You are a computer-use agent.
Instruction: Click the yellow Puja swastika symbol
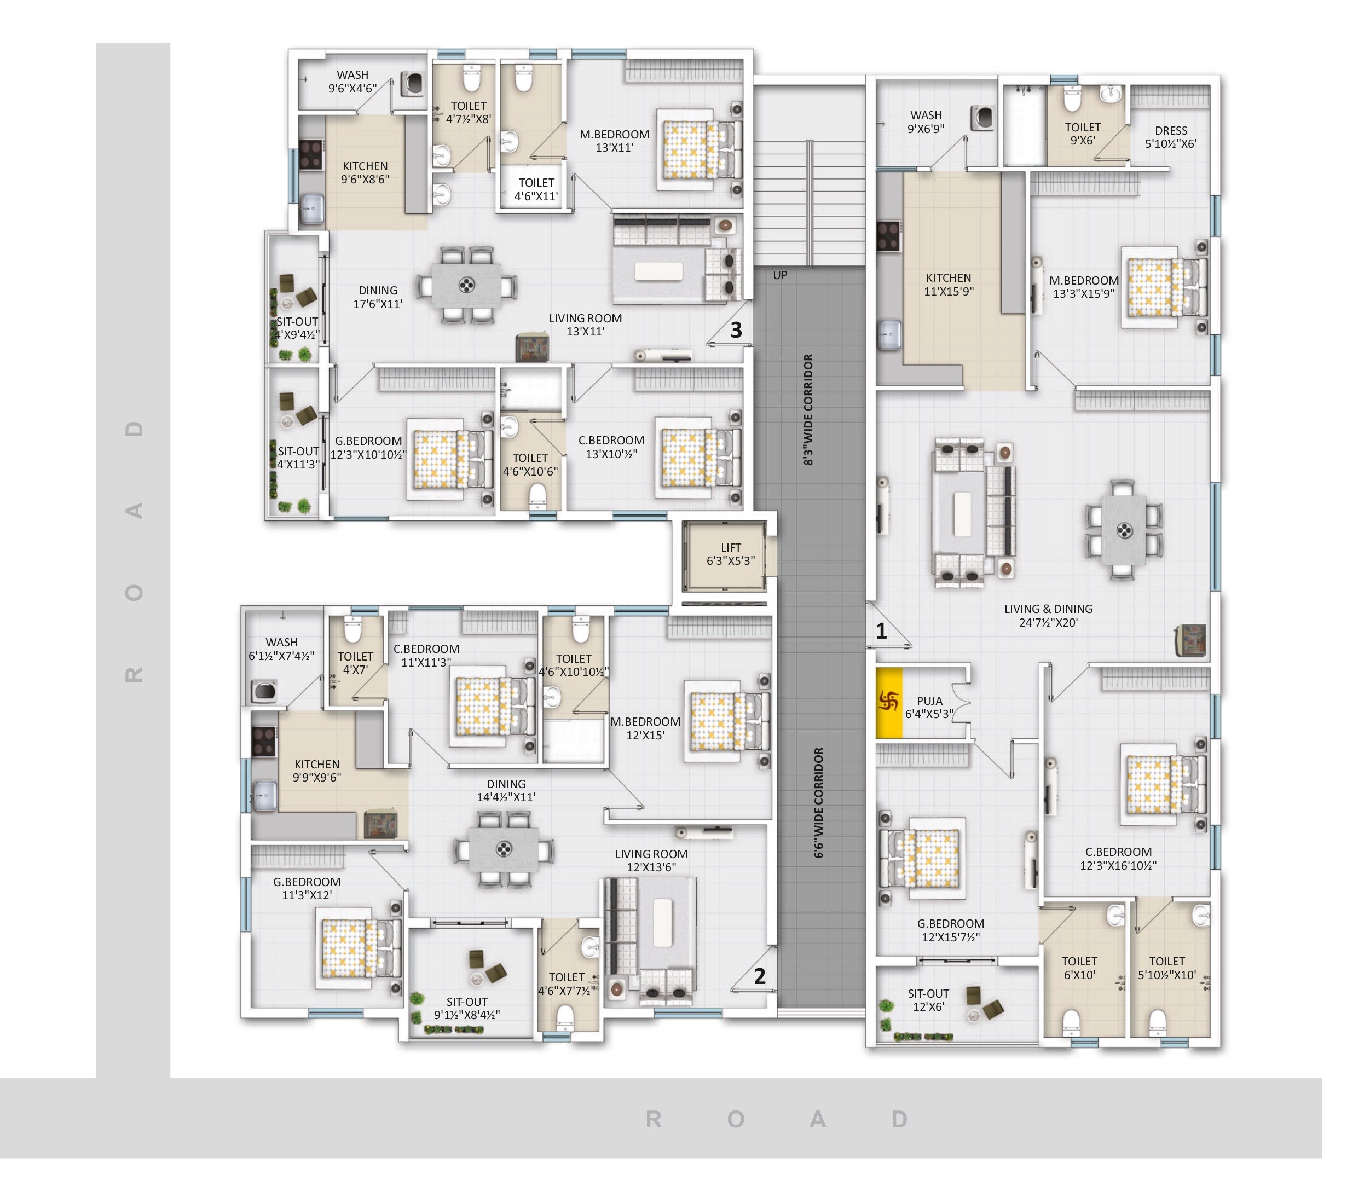click(888, 701)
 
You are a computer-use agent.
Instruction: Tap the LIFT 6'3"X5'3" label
click(730, 554)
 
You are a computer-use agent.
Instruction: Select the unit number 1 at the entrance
click(881, 630)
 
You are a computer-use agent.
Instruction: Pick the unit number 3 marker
click(736, 329)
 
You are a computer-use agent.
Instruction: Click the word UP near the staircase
click(779, 275)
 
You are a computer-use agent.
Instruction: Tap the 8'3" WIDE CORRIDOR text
click(808, 410)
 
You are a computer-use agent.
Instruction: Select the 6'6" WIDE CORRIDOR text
click(818, 802)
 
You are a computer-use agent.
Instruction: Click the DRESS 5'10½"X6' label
click(1170, 137)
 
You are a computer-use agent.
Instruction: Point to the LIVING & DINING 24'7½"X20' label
click(1048, 616)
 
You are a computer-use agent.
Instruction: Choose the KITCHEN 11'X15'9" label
click(948, 284)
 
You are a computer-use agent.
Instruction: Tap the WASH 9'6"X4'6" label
click(352, 82)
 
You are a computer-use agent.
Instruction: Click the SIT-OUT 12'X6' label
click(928, 1000)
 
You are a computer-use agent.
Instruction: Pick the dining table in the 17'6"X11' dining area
click(466, 286)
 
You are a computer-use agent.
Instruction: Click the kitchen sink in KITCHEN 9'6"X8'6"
click(311, 209)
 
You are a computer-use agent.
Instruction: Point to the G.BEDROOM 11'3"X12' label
click(307, 888)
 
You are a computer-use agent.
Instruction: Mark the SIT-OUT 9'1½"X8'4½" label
click(467, 1008)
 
